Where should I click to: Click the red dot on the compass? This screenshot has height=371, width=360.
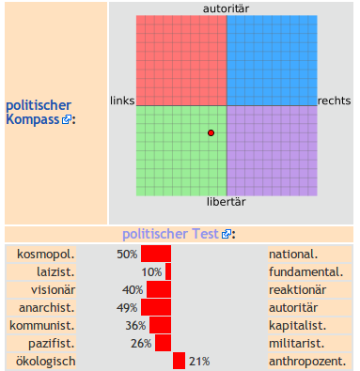click(x=211, y=133)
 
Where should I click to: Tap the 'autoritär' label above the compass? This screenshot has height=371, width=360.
click(x=227, y=8)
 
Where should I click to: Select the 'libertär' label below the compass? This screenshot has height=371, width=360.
click(x=227, y=202)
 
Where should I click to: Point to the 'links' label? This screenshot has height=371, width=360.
click(x=122, y=100)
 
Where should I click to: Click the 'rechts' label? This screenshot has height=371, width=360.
click(x=334, y=100)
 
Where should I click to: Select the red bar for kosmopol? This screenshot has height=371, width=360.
click(x=156, y=254)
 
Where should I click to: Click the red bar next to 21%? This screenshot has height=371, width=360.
click(x=179, y=361)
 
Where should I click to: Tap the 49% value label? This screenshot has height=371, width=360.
click(x=128, y=307)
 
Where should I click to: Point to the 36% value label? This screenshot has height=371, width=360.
click(x=135, y=325)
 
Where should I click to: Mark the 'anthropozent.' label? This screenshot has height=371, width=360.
click(x=307, y=361)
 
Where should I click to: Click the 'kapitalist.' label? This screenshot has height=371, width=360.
click(x=297, y=325)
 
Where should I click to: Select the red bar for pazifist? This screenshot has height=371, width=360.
click(x=163, y=343)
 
